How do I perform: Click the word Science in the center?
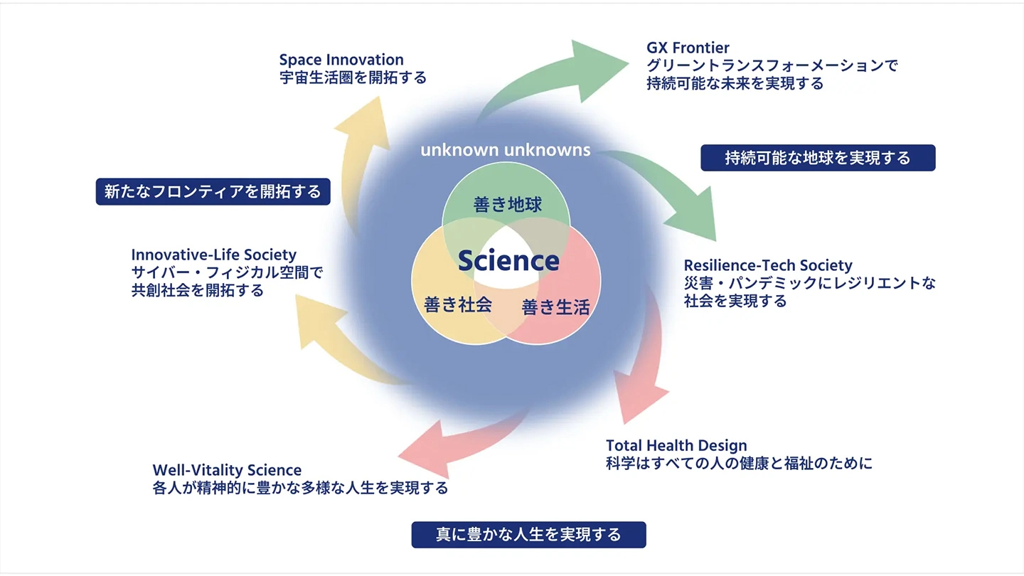[x=508, y=261]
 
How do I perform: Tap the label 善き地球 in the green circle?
[x=508, y=206]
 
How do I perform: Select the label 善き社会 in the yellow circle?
[x=458, y=304]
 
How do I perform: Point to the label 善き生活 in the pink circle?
[x=555, y=307]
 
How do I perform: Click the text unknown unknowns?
[x=506, y=150]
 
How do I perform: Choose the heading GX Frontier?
[x=688, y=48]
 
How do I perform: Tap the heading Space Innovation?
[x=341, y=60]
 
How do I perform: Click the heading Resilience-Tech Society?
[x=768, y=265]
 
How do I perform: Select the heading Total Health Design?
[x=676, y=446]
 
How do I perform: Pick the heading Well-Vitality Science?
[x=227, y=470]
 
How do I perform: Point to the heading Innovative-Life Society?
[x=214, y=255]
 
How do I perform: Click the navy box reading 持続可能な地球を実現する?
[x=818, y=158]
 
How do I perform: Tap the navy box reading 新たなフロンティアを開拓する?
[x=213, y=191]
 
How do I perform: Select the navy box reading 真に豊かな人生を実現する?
[x=528, y=535]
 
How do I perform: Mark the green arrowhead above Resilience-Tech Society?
[x=700, y=217]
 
